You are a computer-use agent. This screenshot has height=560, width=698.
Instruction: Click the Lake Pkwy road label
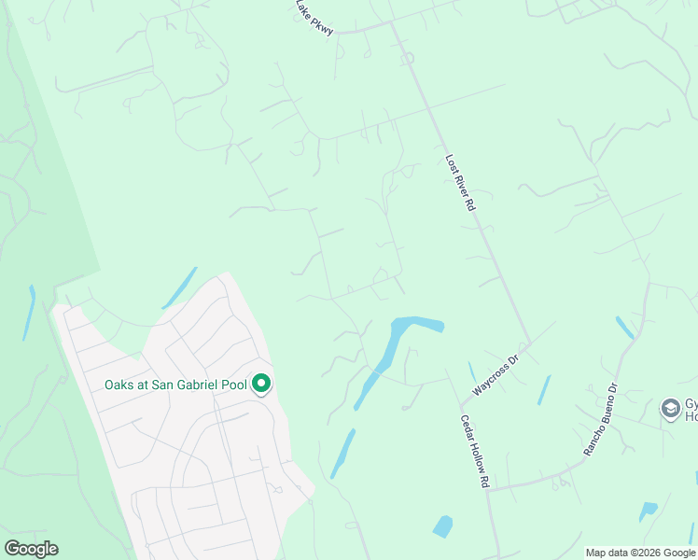(314, 18)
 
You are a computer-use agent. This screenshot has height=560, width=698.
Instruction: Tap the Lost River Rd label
(461, 183)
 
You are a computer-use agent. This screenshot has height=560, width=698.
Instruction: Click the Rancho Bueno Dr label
(600, 418)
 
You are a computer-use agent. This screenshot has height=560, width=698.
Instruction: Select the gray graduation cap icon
(669, 408)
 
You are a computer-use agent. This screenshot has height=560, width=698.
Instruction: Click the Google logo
(31, 549)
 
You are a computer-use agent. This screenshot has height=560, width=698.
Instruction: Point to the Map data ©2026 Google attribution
(639, 553)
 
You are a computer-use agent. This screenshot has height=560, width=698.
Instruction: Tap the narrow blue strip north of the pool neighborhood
(179, 288)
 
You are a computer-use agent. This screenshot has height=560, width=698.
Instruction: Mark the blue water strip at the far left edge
(30, 313)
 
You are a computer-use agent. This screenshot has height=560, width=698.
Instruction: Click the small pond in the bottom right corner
(648, 510)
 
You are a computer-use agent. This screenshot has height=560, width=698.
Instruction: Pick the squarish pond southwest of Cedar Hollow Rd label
(442, 525)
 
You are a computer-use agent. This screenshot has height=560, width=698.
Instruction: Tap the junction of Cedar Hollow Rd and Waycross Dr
(460, 408)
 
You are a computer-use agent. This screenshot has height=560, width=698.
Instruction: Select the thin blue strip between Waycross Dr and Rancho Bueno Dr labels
(544, 389)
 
